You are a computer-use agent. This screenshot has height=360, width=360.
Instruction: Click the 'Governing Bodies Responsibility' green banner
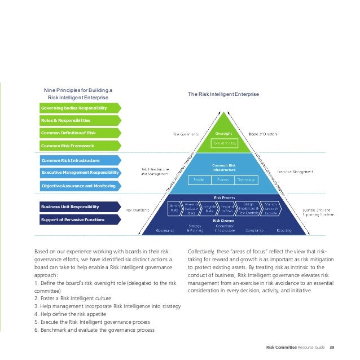78,107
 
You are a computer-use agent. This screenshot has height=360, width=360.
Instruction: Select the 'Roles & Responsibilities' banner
78,120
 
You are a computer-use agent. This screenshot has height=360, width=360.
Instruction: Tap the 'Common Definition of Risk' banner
78,133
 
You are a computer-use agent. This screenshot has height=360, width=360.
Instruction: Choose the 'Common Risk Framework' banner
78,146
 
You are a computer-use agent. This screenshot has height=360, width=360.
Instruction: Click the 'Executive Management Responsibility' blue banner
78,172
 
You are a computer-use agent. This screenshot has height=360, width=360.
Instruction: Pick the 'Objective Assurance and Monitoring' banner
78,185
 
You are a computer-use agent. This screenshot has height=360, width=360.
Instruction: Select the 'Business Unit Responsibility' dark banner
78,207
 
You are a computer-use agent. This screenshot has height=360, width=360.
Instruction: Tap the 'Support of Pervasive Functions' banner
78,220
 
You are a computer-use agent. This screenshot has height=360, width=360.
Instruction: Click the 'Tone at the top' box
221,143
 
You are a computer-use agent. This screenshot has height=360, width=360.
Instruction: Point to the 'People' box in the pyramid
199,179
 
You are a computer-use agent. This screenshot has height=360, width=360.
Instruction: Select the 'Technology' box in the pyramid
246,179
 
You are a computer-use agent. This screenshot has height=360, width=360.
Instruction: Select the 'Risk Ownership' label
138,210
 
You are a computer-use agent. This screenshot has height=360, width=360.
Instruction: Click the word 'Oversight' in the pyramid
221,134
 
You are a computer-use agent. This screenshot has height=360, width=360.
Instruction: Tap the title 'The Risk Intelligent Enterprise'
223,94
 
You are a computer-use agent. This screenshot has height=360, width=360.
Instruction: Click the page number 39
332,346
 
